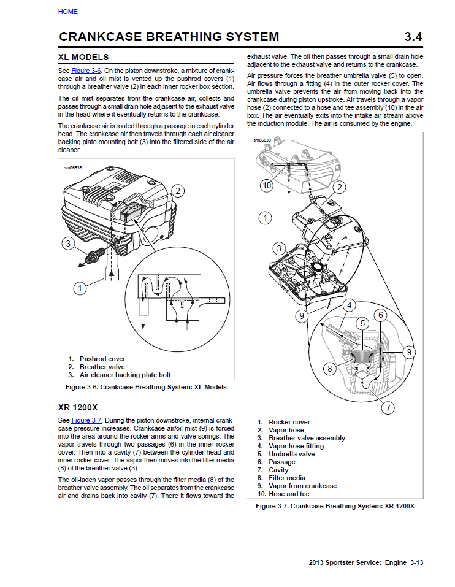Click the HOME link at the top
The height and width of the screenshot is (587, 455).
pyautogui.click(x=67, y=12)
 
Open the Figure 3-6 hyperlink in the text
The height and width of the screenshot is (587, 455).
pyautogui.click(x=85, y=71)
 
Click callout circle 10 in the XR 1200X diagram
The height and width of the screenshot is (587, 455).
pyautogui.click(x=266, y=185)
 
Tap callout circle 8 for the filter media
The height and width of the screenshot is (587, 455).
pyautogui.click(x=329, y=369)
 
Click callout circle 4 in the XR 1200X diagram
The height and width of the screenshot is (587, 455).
pyautogui.click(x=349, y=305)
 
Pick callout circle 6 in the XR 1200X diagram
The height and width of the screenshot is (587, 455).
pyautogui.click(x=380, y=315)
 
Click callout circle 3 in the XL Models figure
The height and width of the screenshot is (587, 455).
pyautogui.click(x=69, y=244)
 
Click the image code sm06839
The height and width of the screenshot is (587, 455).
pyautogui.click(x=262, y=140)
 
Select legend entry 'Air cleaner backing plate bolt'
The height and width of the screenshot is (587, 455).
pyautogui.click(x=125, y=375)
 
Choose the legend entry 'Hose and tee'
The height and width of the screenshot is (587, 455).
pyautogui.click(x=289, y=494)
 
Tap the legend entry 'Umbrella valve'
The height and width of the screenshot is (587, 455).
pyautogui.click(x=291, y=454)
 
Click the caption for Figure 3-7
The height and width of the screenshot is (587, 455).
pyautogui.click(x=335, y=506)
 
